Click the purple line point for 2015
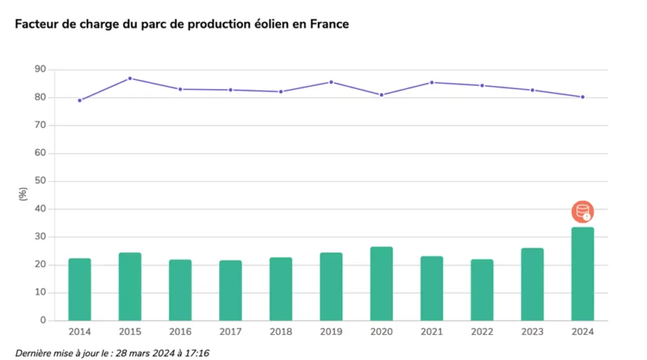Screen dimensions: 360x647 click(130, 78)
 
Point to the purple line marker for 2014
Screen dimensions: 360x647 click(79, 100)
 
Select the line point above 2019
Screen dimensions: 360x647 click(331, 82)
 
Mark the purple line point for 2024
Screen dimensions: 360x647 click(582, 97)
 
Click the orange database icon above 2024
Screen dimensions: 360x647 click(582, 212)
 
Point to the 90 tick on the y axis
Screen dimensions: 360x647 click(39, 70)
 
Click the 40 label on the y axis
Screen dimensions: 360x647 click(39, 209)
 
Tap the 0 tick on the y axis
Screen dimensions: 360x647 click(42, 320)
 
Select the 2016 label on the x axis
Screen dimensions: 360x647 click(180, 332)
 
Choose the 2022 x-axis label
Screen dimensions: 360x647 click(482, 332)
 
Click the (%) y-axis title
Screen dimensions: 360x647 click(23, 194)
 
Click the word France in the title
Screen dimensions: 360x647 click(328, 24)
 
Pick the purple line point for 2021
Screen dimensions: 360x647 click(432, 83)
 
